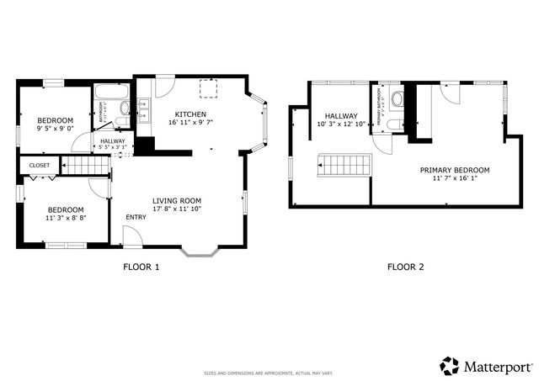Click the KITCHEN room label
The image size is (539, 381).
click(x=189, y=114)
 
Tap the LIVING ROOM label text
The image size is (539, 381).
click(x=177, y=200)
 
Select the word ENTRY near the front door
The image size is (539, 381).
click(x=136, y=217)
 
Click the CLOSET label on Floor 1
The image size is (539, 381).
click(x=40, y=166)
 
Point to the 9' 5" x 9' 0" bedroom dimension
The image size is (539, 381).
click(x=55, y=130)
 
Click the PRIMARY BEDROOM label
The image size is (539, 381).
click(x=455, y=170)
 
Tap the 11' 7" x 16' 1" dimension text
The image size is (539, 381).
click(x=455, y=178)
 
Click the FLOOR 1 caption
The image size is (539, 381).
click(x=141, y=267)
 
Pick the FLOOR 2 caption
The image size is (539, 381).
click(x=405, y=267)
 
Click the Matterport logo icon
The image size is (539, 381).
click(x=449, y=366)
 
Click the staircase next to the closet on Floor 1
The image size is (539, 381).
click(x=88, y=166)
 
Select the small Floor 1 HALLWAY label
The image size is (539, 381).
click(x=113, y=140)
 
